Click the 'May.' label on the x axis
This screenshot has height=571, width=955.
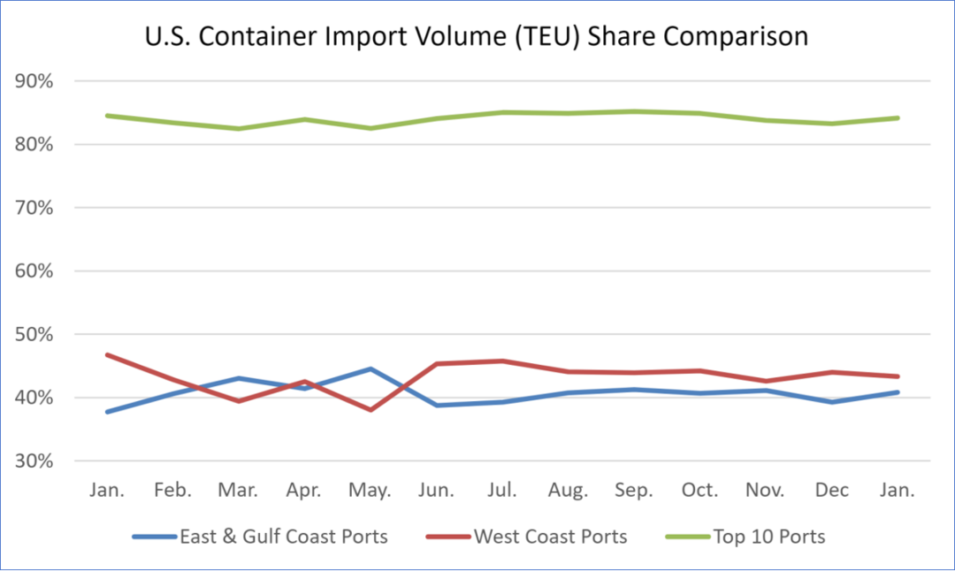371,490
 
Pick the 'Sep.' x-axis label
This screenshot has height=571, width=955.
634,490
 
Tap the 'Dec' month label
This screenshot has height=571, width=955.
831,490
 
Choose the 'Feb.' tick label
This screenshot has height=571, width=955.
172,490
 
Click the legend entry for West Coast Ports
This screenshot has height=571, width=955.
550,537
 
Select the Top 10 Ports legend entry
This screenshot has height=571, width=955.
768,537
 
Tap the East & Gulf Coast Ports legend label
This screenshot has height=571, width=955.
283,537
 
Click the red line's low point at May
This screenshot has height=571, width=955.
371,410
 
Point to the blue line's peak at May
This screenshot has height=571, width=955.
371,369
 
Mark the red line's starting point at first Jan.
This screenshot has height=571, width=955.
107,354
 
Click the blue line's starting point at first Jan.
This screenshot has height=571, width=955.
107,412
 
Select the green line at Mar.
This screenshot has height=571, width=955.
239,128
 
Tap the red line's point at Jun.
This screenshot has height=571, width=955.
437,363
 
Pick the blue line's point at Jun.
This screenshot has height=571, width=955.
437,405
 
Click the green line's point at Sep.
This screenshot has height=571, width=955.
634,111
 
